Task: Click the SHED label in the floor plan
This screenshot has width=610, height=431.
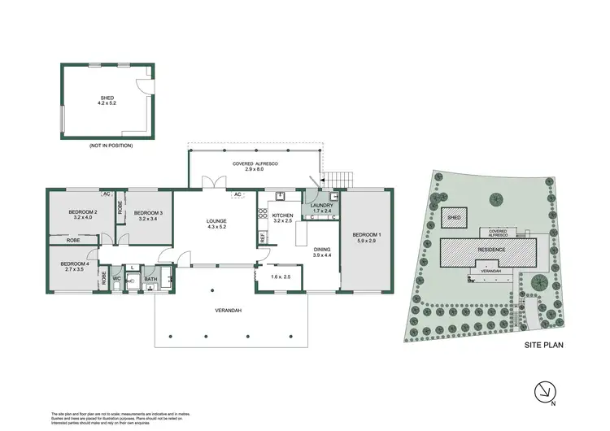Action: [107, 99]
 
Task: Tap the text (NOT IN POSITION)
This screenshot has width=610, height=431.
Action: [107, 145]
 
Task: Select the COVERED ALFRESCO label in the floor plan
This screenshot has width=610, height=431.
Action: [256, 164]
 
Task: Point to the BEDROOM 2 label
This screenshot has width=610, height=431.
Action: [83, 213]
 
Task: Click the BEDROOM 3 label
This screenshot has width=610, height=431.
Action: [149, 213]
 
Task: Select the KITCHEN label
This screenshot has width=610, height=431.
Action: [282, 215]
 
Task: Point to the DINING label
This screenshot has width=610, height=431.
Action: [321, 250]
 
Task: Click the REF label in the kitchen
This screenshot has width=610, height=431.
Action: [263, 237]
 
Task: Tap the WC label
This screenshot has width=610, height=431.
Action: [116, 279]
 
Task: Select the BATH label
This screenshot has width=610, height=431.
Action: [150, 279]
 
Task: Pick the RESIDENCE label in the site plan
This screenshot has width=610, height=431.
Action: [491, 250]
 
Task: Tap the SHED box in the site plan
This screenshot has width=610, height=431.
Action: [455, 218]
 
